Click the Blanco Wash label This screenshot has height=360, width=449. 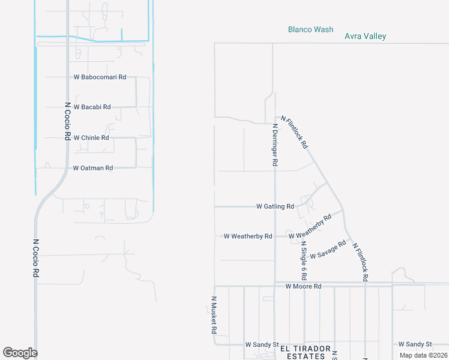tap(310, 29)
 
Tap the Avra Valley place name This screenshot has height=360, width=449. tap(365, 36)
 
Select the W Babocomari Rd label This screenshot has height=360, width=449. tap(100, 77)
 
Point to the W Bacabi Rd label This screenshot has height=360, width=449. tap(92, 107)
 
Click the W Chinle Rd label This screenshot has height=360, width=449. tap(91, 138)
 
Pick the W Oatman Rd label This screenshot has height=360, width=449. tap(93, 169)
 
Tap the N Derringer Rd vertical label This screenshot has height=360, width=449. tap(275, 145)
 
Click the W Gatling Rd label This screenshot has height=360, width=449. tap(275, 206)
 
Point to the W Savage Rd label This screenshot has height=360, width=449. tap(328, 250)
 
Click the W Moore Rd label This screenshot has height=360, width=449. tap(303, 287)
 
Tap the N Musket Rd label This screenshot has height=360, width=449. tap(213, 314)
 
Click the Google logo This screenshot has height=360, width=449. tap(20, 353)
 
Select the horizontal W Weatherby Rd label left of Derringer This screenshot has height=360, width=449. tap(248, 236)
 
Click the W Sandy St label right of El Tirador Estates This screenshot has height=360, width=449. tap(415, 344)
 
